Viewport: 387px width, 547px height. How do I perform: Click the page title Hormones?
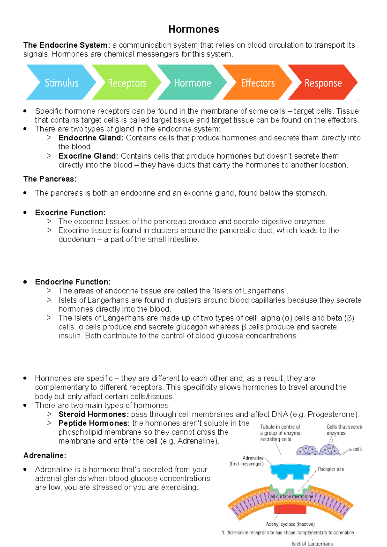(x=193, y=29)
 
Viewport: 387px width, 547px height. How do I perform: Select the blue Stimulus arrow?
(x=61, y=83)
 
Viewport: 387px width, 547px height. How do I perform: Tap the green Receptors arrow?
(x=127, y=83)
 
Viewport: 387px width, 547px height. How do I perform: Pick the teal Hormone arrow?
(x=193, y=83)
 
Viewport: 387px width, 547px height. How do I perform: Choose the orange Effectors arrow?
(x=258, y=83)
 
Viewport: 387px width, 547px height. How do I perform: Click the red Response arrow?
(x=323, y=83)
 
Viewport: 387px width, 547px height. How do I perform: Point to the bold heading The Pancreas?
(x=50, y=179)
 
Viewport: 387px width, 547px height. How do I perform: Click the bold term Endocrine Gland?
(x=91, y=138)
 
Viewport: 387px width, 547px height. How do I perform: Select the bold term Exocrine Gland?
(x=88, y=156)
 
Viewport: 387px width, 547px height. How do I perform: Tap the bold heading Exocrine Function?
(x=70, y=213)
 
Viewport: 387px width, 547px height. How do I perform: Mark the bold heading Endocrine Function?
(x=73, y=282)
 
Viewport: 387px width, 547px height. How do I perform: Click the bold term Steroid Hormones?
(x=94, y=414)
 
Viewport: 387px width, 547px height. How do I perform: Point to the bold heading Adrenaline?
(x=45, y=456)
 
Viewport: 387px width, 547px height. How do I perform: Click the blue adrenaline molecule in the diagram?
(x=290, y=471)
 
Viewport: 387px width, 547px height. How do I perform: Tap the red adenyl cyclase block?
(x=290, y=509)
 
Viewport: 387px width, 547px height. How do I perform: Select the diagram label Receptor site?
(x=331, y=469)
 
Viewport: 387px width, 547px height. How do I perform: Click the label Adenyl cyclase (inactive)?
(x=290, y=524)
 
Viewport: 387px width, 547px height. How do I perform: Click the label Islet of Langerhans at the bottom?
(x=312, y=543)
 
